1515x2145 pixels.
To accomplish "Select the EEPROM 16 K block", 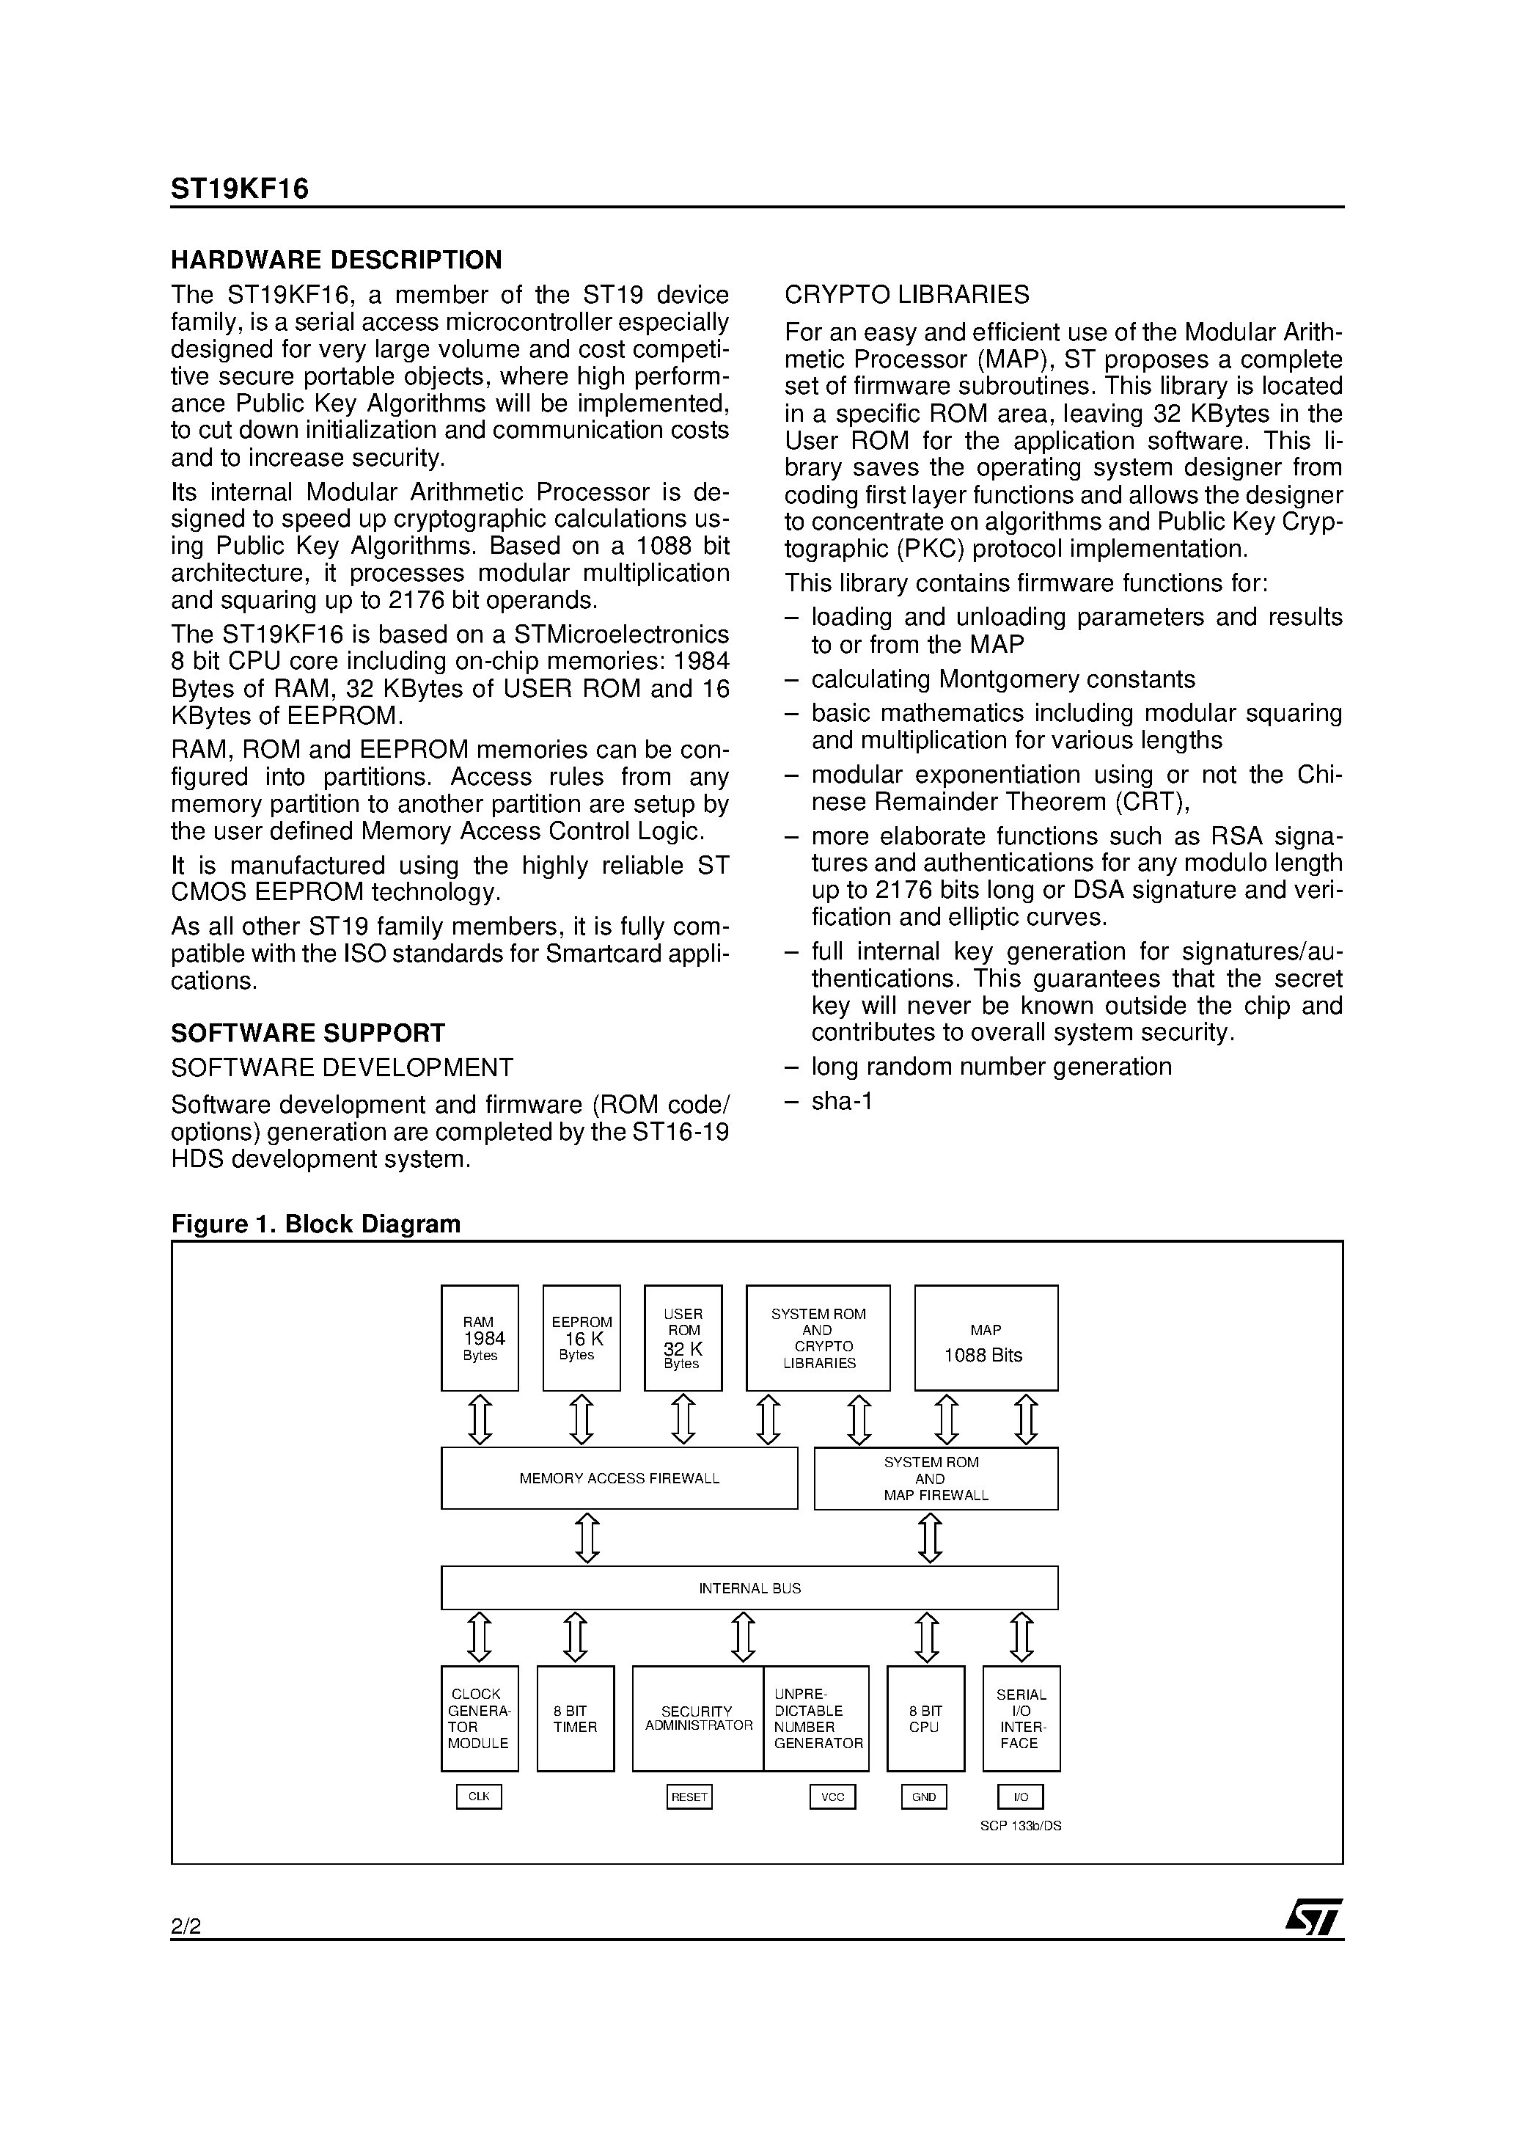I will tap(581, 1338).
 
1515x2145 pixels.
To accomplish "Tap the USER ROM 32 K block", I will tap(683, 1338).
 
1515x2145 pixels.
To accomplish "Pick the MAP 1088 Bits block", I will tap(986, 1338).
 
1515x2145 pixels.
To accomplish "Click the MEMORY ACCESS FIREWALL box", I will tap(619, 1478).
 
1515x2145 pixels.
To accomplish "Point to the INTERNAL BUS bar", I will tap(749, 1588).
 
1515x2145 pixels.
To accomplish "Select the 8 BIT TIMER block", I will tap(576, 1719).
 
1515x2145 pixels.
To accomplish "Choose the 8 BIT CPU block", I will tap(925, 1719).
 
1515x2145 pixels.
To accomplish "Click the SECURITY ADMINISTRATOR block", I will tap(697, 1719).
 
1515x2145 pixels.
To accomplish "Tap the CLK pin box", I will tap(478, 1797).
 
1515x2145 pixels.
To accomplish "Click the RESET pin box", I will tap(689, 1797).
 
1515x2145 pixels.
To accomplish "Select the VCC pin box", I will tap(832, 1797).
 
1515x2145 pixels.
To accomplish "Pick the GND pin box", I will tap(924, 1797).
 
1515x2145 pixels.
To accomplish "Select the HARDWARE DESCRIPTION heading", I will tap(337, 260).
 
